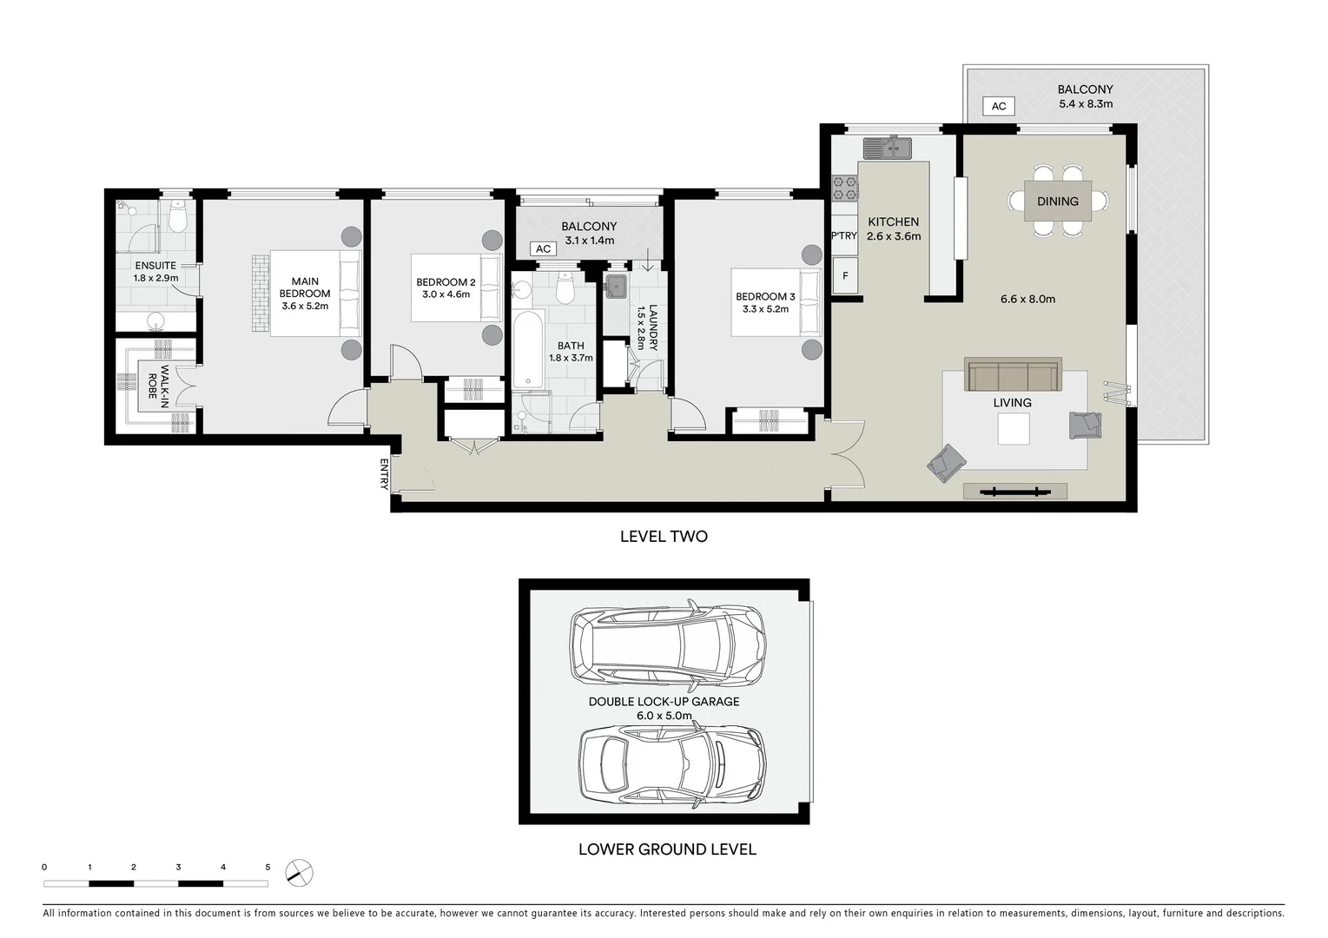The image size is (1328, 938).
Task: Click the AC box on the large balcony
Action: click(999, 106)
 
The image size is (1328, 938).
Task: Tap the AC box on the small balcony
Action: click(543, 249)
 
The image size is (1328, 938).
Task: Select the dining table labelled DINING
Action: click(1057, 201)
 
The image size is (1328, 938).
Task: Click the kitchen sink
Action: click(887, 149)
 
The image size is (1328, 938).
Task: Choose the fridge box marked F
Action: click(844, 276)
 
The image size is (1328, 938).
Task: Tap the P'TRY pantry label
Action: click(843, 235)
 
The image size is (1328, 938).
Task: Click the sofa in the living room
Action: click(1013, 375)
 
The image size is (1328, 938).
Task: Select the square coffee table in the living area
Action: click(1013, 429)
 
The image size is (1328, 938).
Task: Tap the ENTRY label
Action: click(383, 474)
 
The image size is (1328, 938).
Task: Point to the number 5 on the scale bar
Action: click(268, 867)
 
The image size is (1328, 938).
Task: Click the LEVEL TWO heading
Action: click(664, 537)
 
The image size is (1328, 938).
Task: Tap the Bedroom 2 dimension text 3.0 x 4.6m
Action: click(446, 294)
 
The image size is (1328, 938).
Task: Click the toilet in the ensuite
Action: click(178, 219)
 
